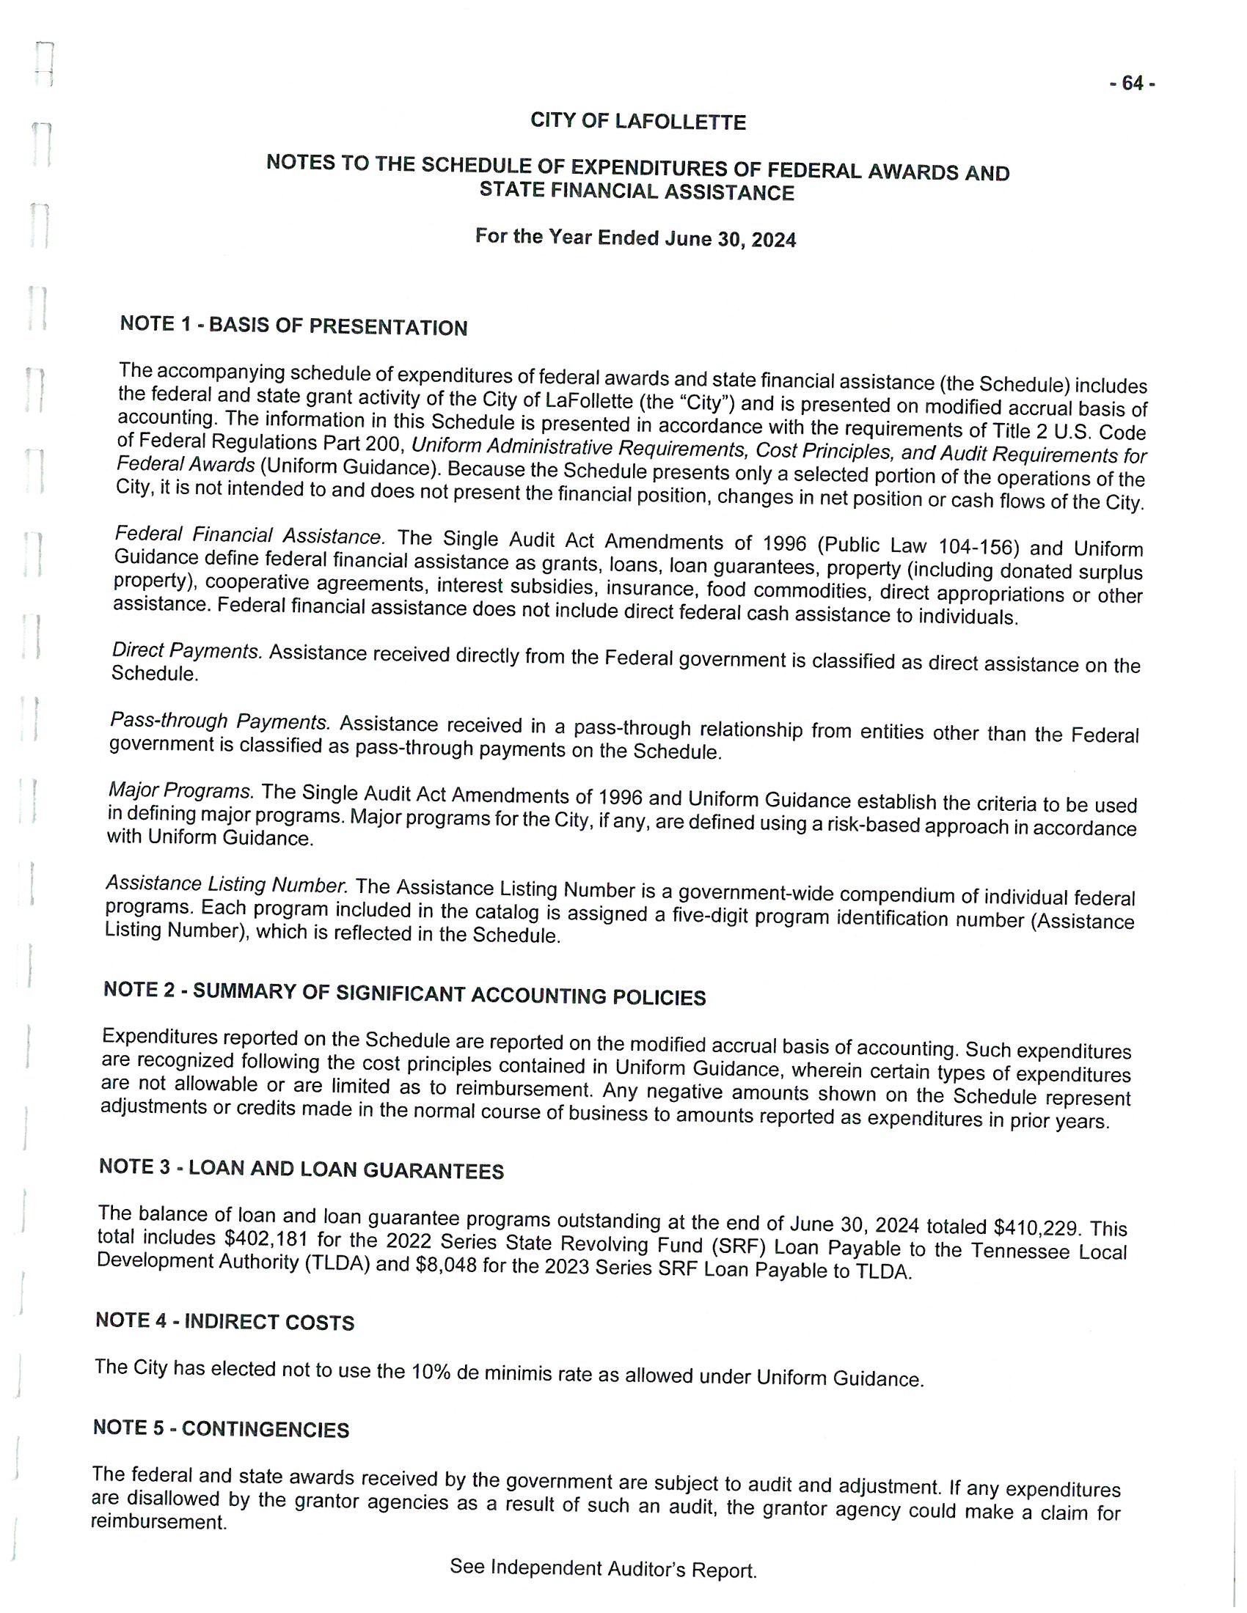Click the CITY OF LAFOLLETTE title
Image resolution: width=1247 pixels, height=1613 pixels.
point(637,121)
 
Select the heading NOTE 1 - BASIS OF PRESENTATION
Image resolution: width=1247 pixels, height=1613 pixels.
point(293,326)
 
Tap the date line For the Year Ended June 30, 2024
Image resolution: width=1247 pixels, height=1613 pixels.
point(635,238)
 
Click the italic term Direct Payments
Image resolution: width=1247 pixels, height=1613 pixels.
point(187,650)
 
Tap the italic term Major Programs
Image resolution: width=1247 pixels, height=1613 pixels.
point(181,790)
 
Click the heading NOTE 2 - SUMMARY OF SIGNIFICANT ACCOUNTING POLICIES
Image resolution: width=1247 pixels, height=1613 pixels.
point(404,993)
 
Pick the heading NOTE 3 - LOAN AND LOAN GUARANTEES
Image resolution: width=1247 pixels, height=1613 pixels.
point(301,1169)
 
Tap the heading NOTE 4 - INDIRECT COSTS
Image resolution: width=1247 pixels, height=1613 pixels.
point(224,1321)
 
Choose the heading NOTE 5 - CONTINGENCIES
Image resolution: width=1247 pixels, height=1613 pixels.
point(221,1428)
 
